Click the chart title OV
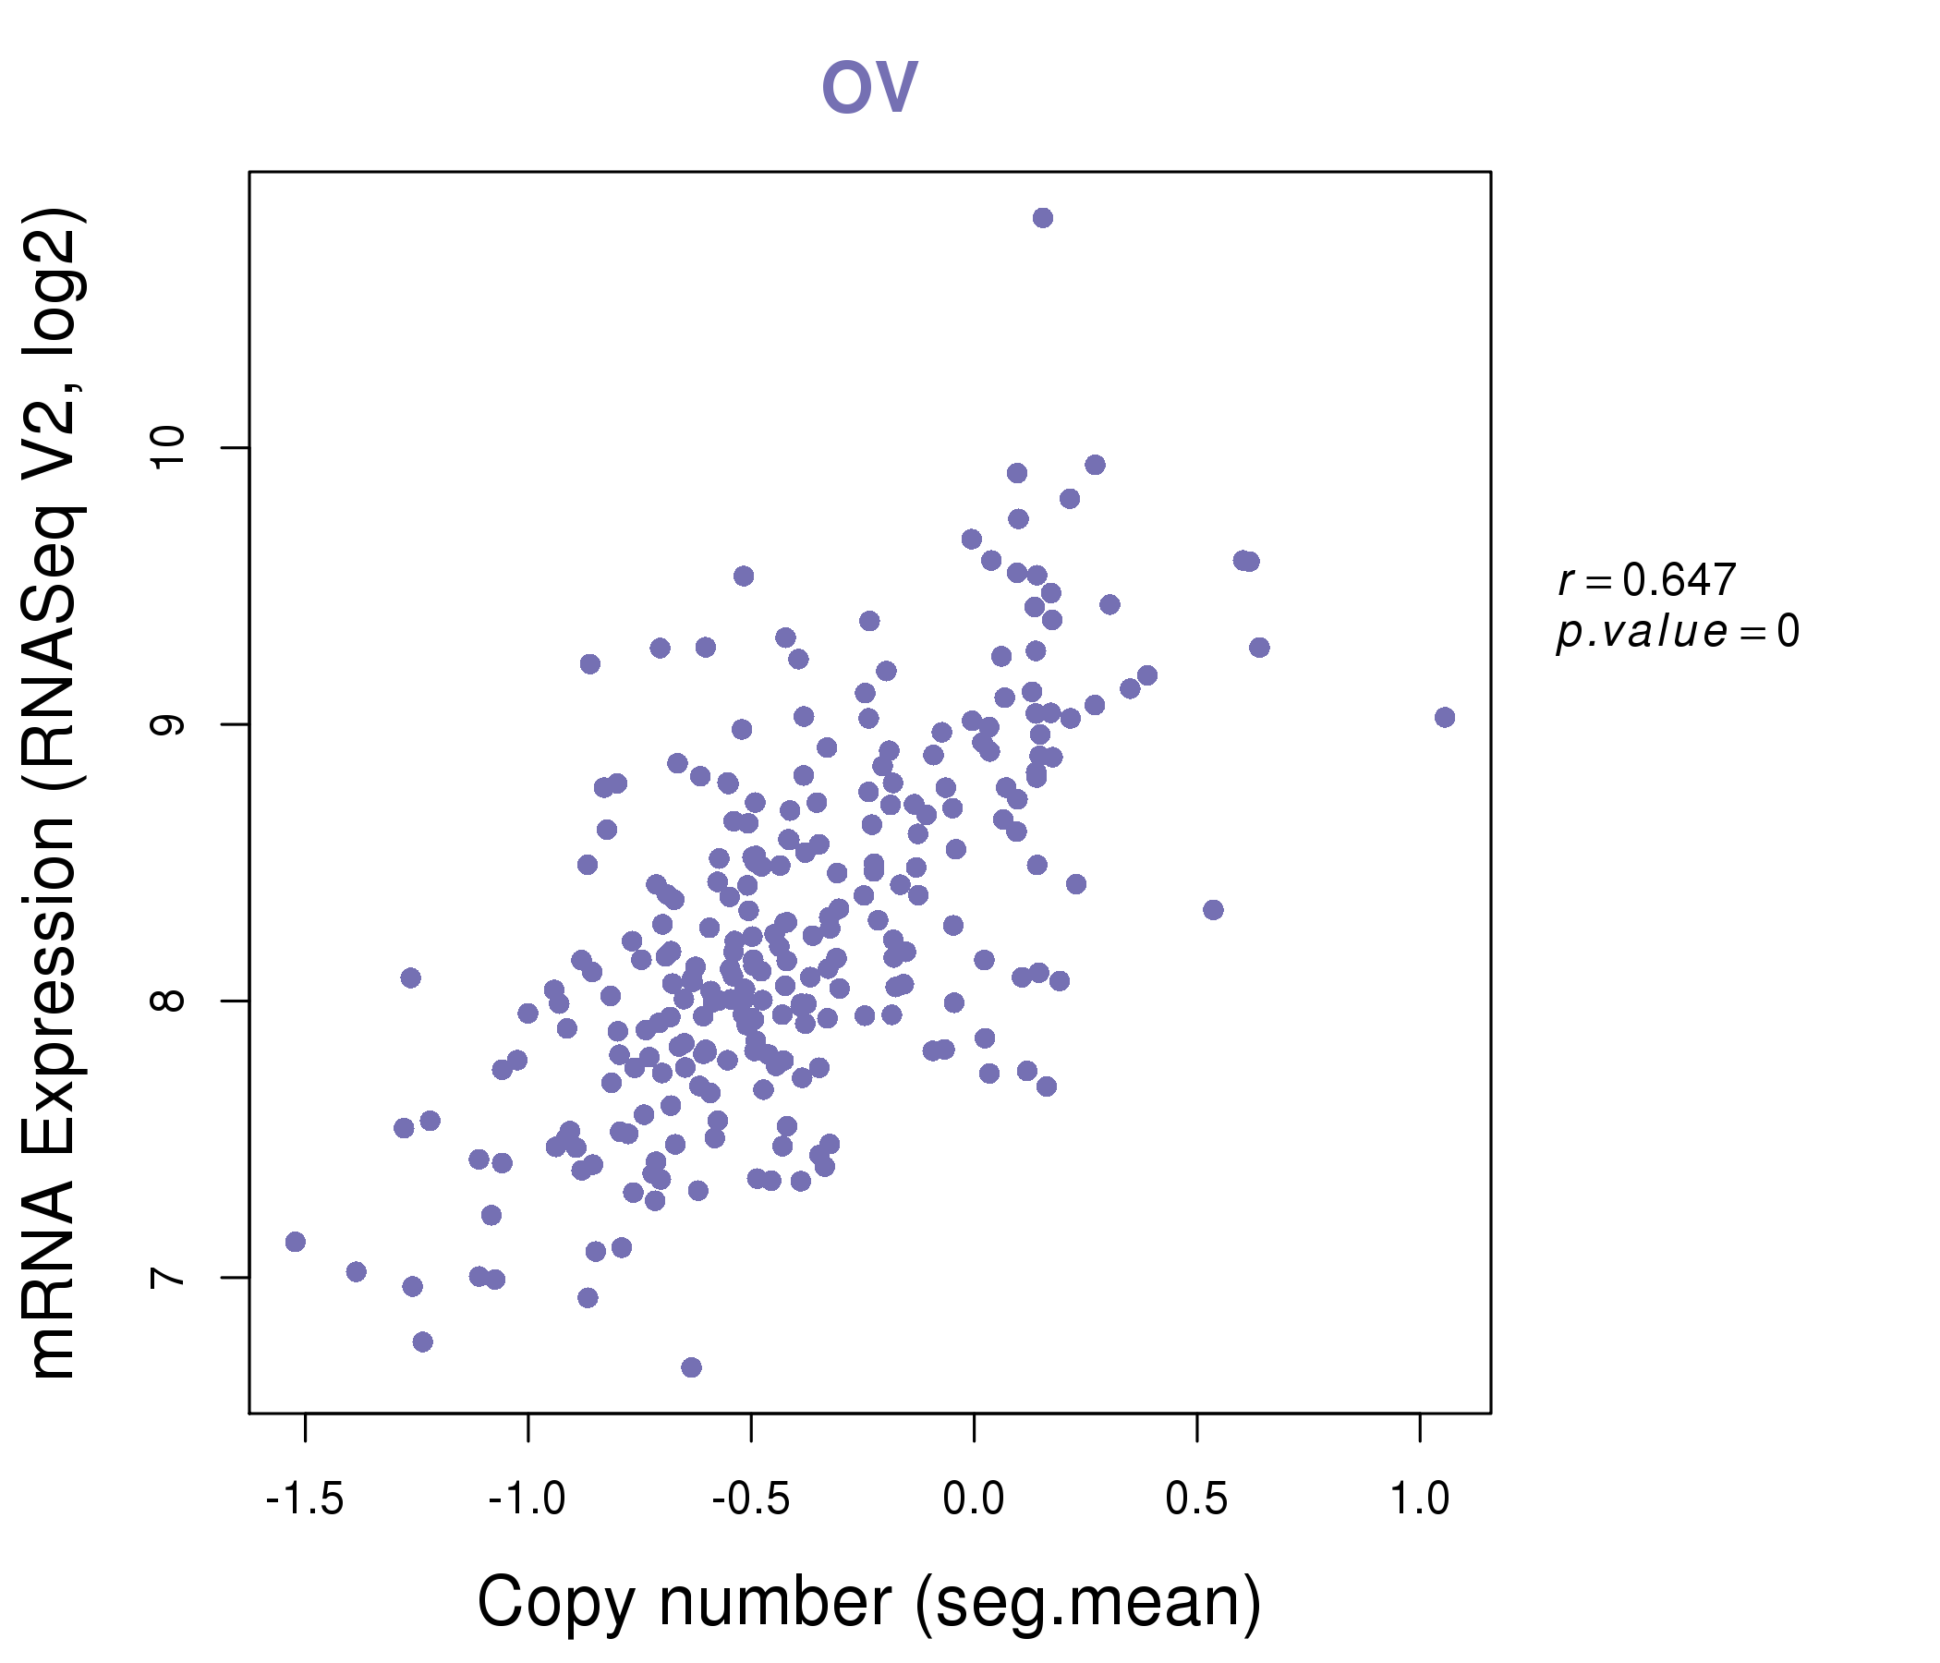click(x=869, y=86)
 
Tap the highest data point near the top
click(x=1042, y=218)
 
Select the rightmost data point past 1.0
click(x=1444, y=717)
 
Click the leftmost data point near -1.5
click(x=295, y=1242)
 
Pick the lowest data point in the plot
click(x=691, y=1367)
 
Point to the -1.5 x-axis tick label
click(x=305, y=1499)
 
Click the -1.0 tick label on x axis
click(x=528, y=1499)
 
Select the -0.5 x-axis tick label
click(x=751, y=1499)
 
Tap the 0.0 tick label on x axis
click(x=974, y=1499)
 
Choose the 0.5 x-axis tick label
click(x=1196, y=1499)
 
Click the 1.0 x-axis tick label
click(x=1419, y=1499)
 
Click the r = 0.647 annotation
click(x=1647, y=580)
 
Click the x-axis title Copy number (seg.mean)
click(x=869, y=1602)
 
